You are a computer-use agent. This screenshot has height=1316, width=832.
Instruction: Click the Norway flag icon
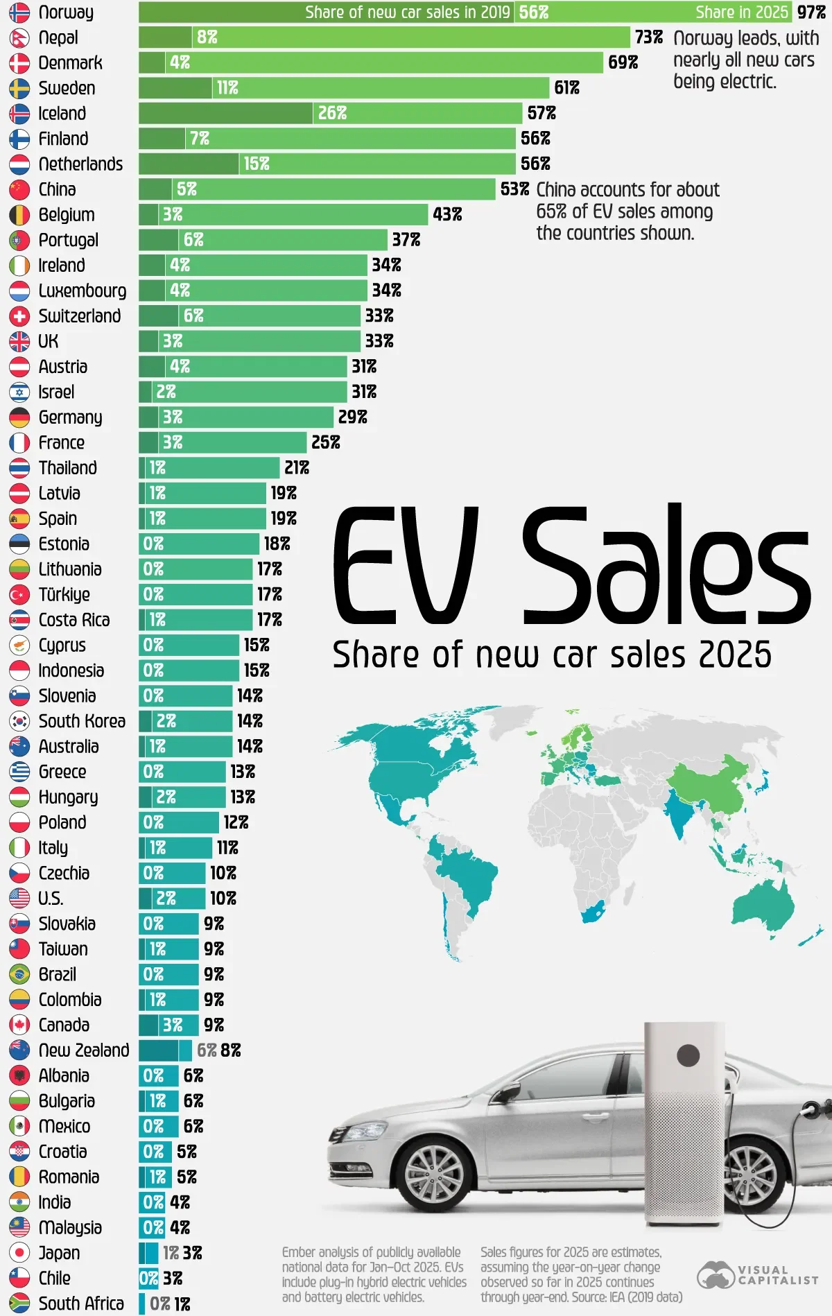(x=19, y=12)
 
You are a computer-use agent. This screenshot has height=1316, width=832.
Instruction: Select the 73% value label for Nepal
(x=648, y=37)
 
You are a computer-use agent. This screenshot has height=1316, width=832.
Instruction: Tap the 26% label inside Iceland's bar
(x=332, y=113)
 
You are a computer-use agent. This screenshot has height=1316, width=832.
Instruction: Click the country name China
(x=57, y=189)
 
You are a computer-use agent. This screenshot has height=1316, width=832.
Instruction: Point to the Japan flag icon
(x=19, y=1253)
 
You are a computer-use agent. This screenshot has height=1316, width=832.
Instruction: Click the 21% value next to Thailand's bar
(x=297, y=468)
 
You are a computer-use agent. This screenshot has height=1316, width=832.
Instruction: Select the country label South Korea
(x=82, y=721)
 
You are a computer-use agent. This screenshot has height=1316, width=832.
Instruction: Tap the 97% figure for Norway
(x=811, y=12)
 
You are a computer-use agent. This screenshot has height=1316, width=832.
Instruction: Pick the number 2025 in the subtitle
(x=734, y=655)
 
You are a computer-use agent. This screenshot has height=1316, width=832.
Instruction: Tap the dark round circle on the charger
(x=688, y=1056)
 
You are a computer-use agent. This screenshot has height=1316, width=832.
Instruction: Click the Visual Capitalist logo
(x=758, y=1274)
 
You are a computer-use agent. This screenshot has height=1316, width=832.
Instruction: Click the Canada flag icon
(x=19, y=1025)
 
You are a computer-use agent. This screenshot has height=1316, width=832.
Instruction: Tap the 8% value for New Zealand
(x=231, y=1050)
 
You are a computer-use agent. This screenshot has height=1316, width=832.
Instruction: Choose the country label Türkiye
(x=64, y=595)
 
